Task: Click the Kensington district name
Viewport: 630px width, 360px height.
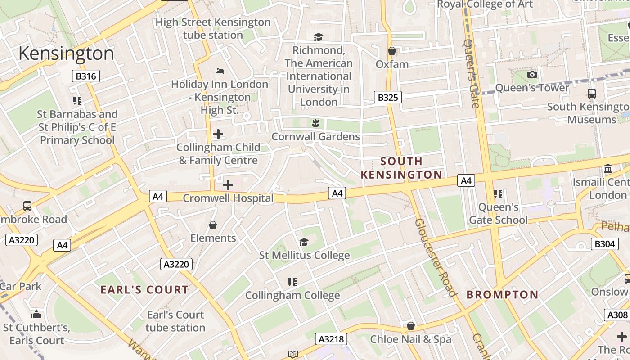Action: click(x=66, y=54)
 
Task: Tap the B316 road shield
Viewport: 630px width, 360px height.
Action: click(x=85, y=76)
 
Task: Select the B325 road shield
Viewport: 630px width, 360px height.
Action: click(x=387, y=97)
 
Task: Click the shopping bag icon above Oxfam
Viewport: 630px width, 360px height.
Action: click(x=392, y=51)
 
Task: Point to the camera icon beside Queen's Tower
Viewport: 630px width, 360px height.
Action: click(x=532, y=74)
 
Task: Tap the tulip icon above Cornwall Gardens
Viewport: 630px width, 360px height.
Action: click(x=315, y=123)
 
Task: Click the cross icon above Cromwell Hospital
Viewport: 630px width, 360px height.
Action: click(x=228, y=184)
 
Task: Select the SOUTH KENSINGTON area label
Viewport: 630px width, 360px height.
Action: click(x=401, y=168)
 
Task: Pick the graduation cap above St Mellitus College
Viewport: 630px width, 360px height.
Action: click(x=304, y=242)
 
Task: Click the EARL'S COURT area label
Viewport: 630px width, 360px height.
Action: click(x=144, y=289)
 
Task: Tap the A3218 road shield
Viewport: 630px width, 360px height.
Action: click(x=331, y=339)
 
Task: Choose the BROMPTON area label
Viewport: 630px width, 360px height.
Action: click(x=502, y=295)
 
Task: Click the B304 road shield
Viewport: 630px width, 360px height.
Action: click(x=604, y=244)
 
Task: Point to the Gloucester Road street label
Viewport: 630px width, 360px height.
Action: click(x=435, y=258)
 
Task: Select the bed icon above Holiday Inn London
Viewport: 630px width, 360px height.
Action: click(x=220, y=71)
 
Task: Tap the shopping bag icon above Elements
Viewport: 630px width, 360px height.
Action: click(x=213, y=225)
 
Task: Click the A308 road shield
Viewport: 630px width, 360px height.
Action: click(x=617, y=315)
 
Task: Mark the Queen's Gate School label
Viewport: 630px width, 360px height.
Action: click(x=498, y=214)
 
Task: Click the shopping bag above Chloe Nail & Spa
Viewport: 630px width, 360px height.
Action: click(x=410, y=326)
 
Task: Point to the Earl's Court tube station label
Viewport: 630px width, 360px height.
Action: click(x=175, y=321)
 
